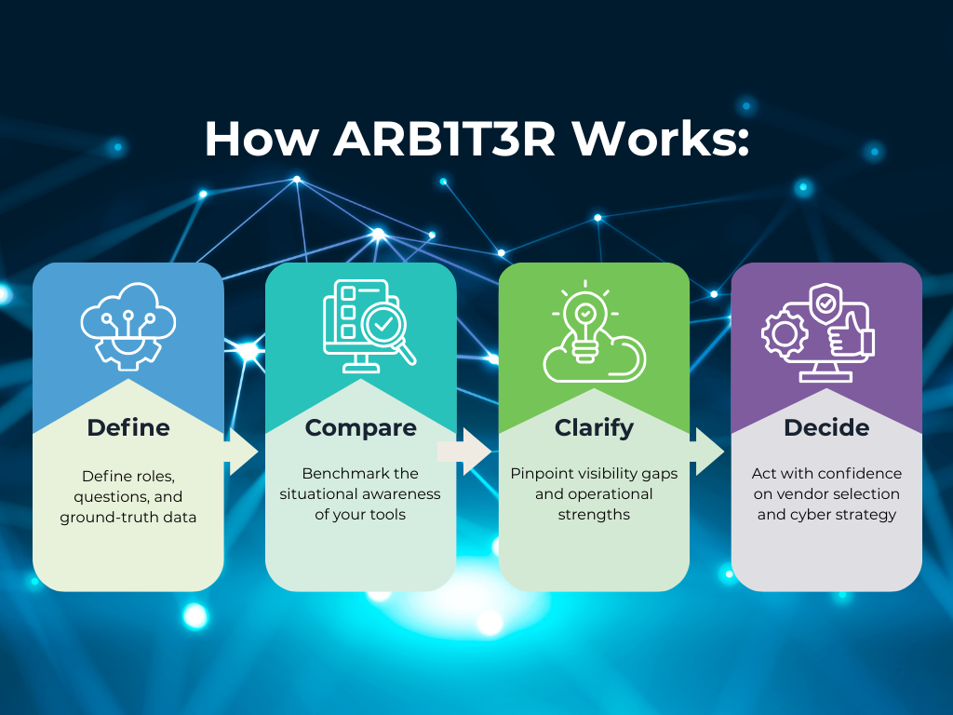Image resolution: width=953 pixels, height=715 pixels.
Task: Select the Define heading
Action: [128, 427]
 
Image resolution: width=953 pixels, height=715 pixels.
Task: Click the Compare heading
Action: [361, 427]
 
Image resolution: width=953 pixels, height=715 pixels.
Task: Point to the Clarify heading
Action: [594, 427]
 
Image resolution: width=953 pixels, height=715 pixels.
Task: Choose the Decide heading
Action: [826, 427]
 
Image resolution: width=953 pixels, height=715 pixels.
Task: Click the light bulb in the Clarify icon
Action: [584, 321]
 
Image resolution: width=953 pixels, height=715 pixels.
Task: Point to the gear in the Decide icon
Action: [784, 333]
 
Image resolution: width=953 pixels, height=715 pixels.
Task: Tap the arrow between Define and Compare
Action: [242, 452]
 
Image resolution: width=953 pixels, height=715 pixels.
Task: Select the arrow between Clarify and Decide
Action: [709, 452]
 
